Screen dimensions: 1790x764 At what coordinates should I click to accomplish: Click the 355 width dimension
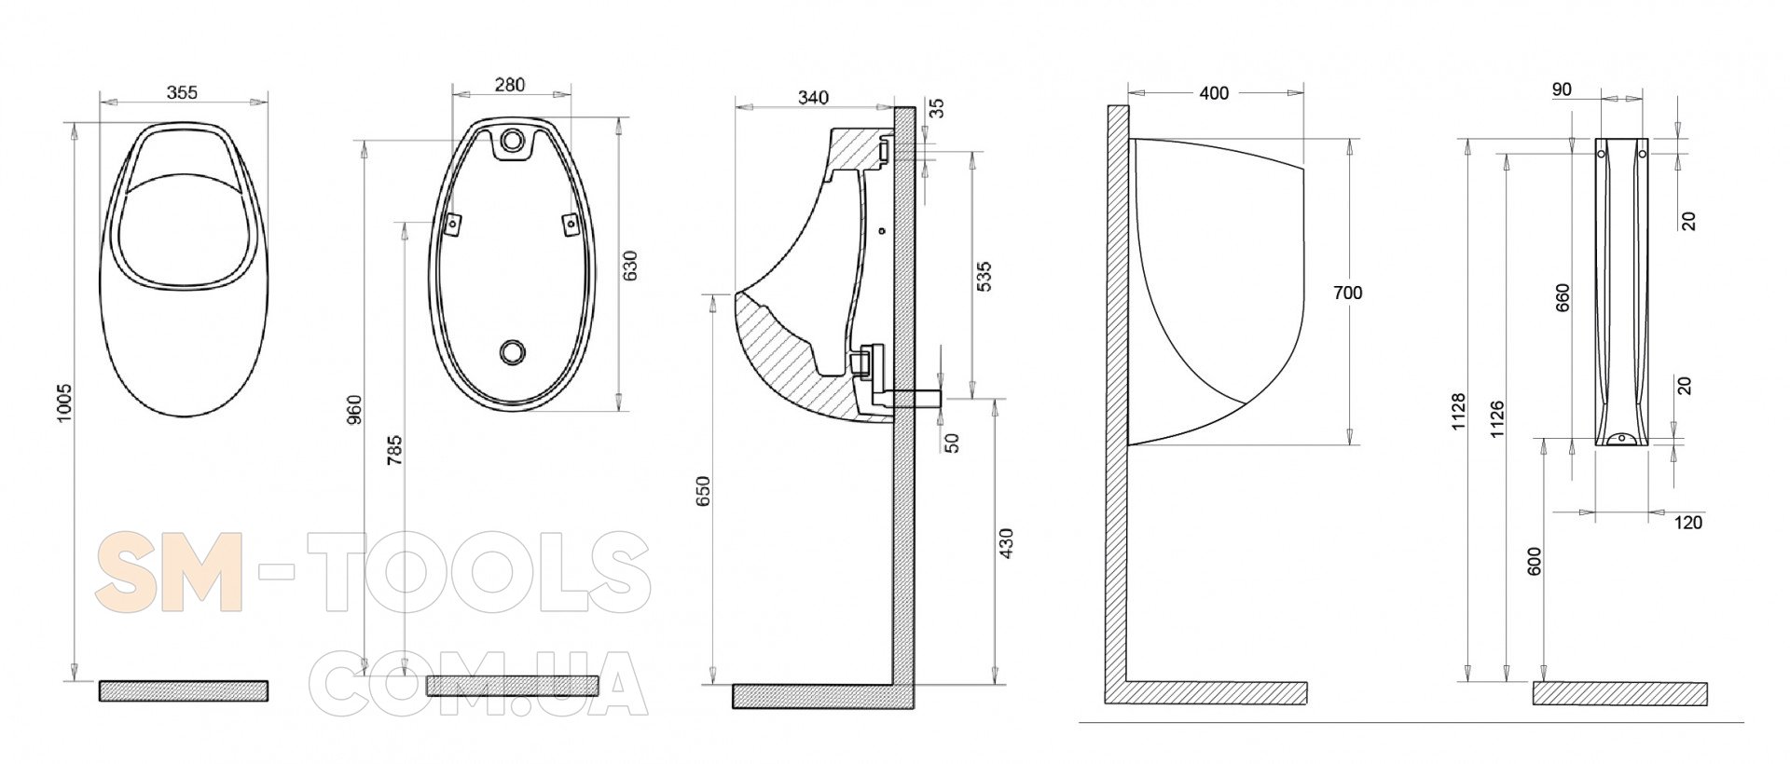[182, 92]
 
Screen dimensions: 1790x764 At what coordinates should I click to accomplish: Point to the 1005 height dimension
[63, 402]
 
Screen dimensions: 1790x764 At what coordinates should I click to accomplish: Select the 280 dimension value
[509, 85]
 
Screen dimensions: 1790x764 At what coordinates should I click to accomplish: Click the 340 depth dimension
[814, 97]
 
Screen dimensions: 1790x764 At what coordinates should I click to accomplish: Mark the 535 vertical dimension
[984, 277]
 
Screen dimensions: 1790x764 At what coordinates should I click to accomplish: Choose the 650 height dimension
[704, 491]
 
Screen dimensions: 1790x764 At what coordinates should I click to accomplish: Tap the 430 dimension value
[1005, 543]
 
